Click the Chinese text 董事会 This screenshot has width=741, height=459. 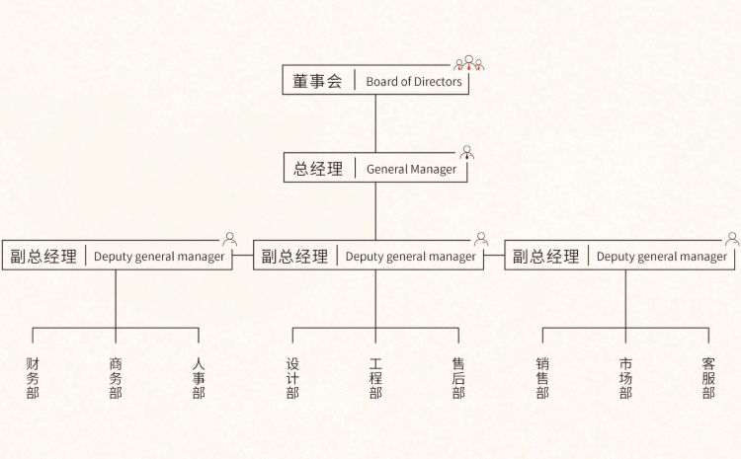click(x=317, y=82)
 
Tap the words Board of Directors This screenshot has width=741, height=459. click(x=413, y=82)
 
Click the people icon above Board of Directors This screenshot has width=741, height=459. click(x=469, y=64)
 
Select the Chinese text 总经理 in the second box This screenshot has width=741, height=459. click(x=318, y=169)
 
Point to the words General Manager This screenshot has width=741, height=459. click(x=411, y=169)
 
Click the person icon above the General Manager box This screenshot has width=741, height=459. click(x=467, y=152)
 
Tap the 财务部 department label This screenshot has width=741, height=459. click(x=33, y=378)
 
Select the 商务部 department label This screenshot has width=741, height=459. click(x=116, y=378)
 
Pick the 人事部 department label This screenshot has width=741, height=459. click(x=199, y=378)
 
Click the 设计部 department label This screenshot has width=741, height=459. click(x=292, y=378)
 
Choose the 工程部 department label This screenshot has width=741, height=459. click(x=375, y=378)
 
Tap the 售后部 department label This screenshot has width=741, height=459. click(x=458, y=378)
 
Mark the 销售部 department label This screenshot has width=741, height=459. click(x=542, y=378)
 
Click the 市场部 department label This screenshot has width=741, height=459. click(x=625, y=378)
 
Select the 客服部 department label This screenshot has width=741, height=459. click(x=708, y=378)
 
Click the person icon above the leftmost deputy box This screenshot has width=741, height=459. click(x=230, y=239)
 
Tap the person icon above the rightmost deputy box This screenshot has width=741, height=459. click(x=732, y=239)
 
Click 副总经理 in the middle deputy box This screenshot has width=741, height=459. click(x=294, y=257)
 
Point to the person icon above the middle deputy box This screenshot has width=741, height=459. click(x=481, y=239)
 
